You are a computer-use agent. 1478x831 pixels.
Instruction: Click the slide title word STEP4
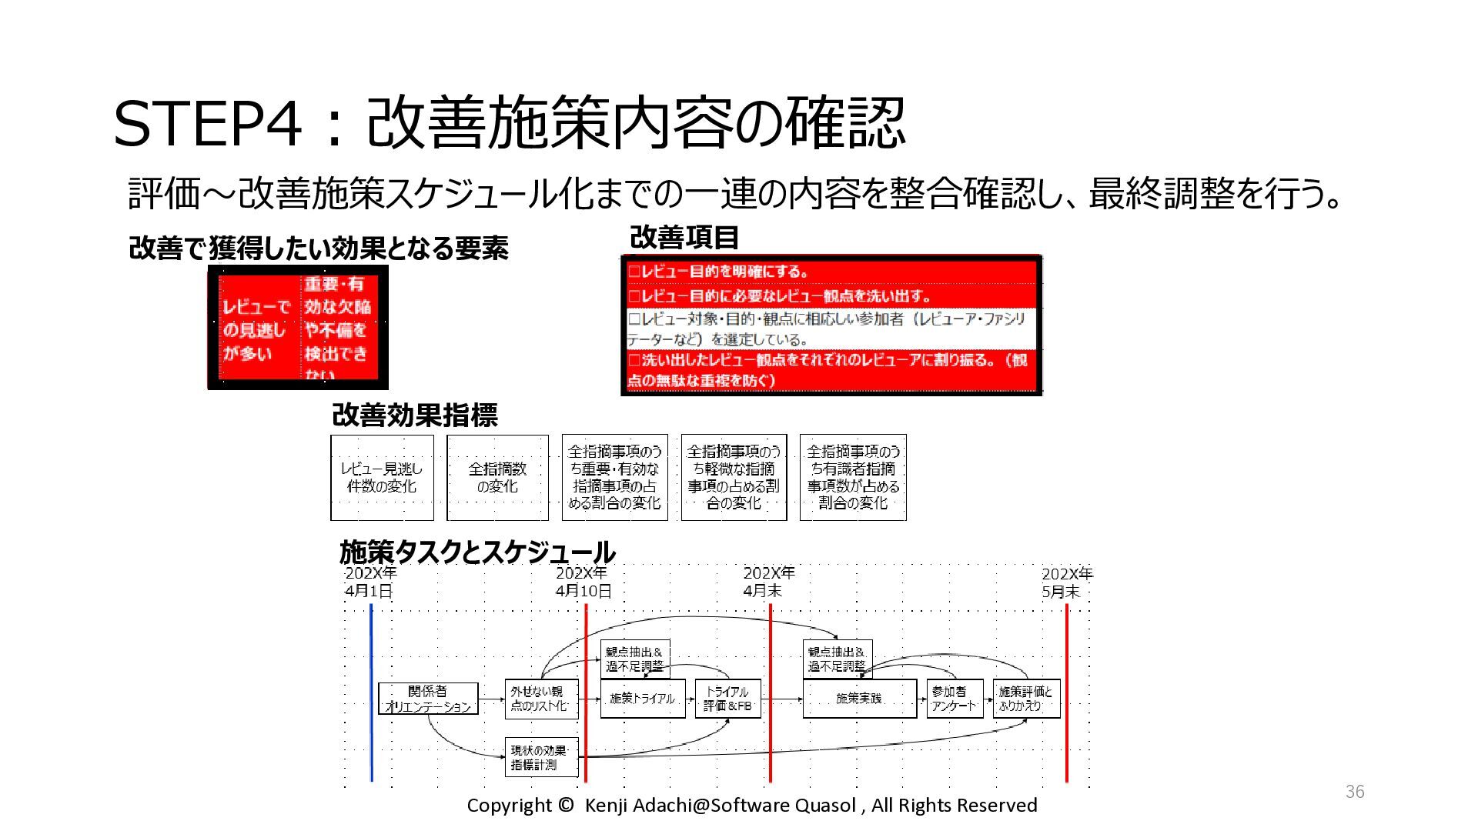coord(207,123)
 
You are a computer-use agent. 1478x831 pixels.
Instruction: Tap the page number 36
coord(1355,792)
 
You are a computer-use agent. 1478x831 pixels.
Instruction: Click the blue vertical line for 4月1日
coord(372,692)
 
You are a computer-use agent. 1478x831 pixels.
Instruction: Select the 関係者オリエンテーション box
coord(428,699)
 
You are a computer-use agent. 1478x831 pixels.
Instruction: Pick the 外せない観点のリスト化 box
coord(541,699)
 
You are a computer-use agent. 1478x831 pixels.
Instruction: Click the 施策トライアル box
coord(643,699)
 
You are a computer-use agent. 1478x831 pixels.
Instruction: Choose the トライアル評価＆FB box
coord(727,699)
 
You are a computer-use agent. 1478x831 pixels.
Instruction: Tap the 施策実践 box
coord(859,699)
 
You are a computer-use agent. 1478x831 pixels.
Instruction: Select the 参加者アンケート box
coord(955,699)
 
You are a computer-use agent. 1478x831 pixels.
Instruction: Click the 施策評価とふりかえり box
coord(1026,699)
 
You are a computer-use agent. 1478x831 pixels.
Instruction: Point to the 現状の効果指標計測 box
coord(541,757)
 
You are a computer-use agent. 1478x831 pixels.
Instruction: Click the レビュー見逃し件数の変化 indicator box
coord(382,478)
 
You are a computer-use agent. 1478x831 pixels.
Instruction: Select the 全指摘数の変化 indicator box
coord(497,478)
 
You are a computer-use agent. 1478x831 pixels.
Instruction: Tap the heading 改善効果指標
coord(415,415)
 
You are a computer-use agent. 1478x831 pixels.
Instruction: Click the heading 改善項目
coord(684,238)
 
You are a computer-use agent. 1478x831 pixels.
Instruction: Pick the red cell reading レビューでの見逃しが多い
coord(256,329)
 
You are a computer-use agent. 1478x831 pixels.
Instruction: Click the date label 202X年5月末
coord(1066,582)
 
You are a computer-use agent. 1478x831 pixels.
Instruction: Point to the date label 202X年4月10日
coord(583,582)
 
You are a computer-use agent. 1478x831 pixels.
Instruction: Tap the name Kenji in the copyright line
coord(607,806)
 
